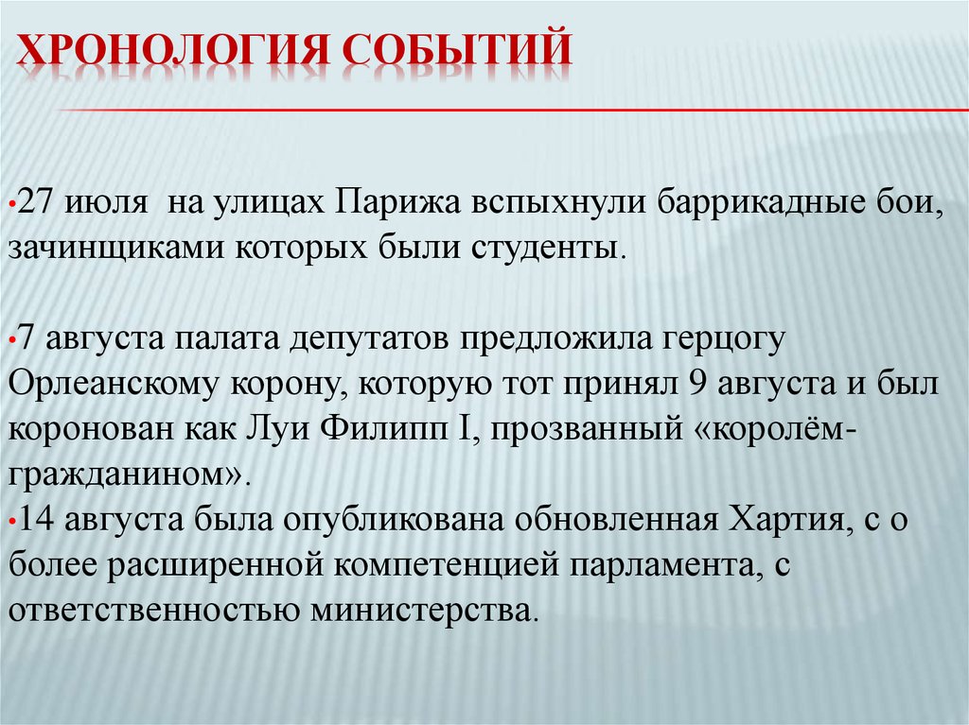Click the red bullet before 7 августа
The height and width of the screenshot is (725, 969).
coord(10,341)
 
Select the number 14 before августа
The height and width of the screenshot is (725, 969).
coord(37,519)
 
